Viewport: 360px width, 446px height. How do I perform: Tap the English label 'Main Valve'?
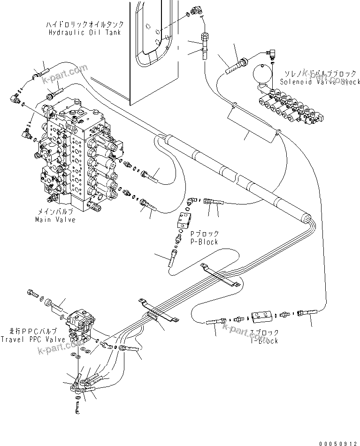pyautogui.click(x=55, y=219)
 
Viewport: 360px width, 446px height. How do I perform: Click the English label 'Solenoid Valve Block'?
pyautogui.click(x=320, y=82)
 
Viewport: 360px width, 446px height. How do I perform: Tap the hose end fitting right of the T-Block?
pyautogui.click(x=310, y=311)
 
